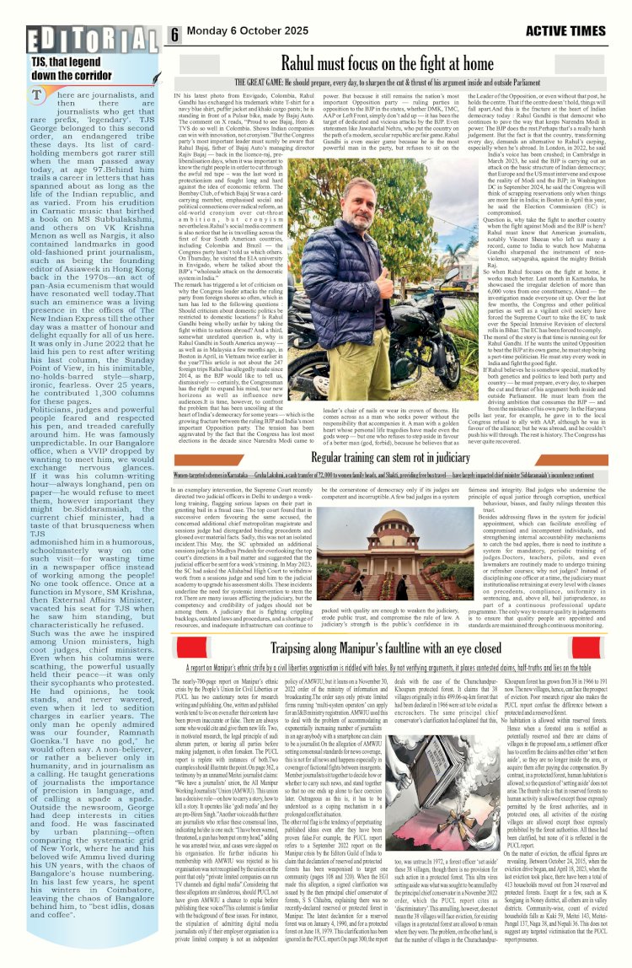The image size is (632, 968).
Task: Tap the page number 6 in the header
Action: (x=175, y=35)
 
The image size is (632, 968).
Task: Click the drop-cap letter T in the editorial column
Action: (x=38, y=97)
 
